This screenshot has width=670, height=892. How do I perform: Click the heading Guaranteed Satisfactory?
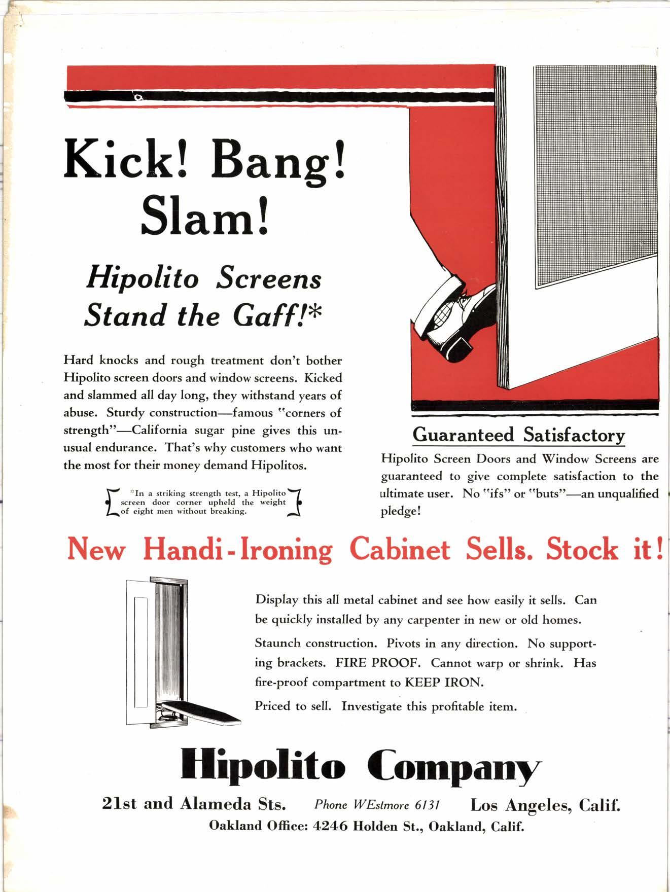(x=518, y=435)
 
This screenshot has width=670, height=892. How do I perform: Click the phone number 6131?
(x=427, y=805)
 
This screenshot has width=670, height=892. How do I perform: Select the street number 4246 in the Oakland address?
(x=330, y=826)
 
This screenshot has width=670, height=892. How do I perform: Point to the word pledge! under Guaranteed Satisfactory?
(x=401, y=511)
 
